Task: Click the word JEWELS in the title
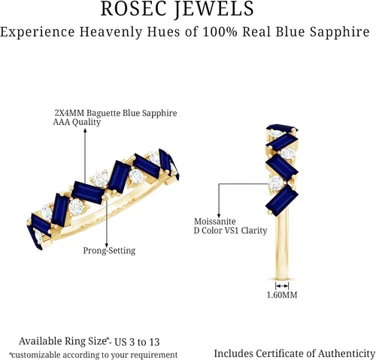(x=214, y=9)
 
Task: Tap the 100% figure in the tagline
(x=220, y=32)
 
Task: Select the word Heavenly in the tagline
(x=111, y=32)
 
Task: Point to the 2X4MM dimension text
(x=69, y=113)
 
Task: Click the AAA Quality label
(x=77, y=123)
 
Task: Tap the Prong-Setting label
(x=109, y=250)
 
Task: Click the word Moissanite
(x=215, y=222)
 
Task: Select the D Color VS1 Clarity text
(x=230, y=231)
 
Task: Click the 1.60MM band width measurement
(x=282, y=295)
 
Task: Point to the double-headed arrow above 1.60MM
(x=282, y=286)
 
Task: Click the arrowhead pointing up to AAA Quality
(x=85, y=130)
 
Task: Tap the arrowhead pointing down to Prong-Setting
(x=107, y=245)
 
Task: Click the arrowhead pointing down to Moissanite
(x=219, y=216)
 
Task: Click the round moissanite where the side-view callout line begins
(x=277, y=183)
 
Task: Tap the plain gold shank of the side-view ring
(x=282, y=246)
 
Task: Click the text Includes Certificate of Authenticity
(x=295, y=353)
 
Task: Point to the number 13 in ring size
(x=154, y=342)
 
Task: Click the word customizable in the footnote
(x=36, y=355)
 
